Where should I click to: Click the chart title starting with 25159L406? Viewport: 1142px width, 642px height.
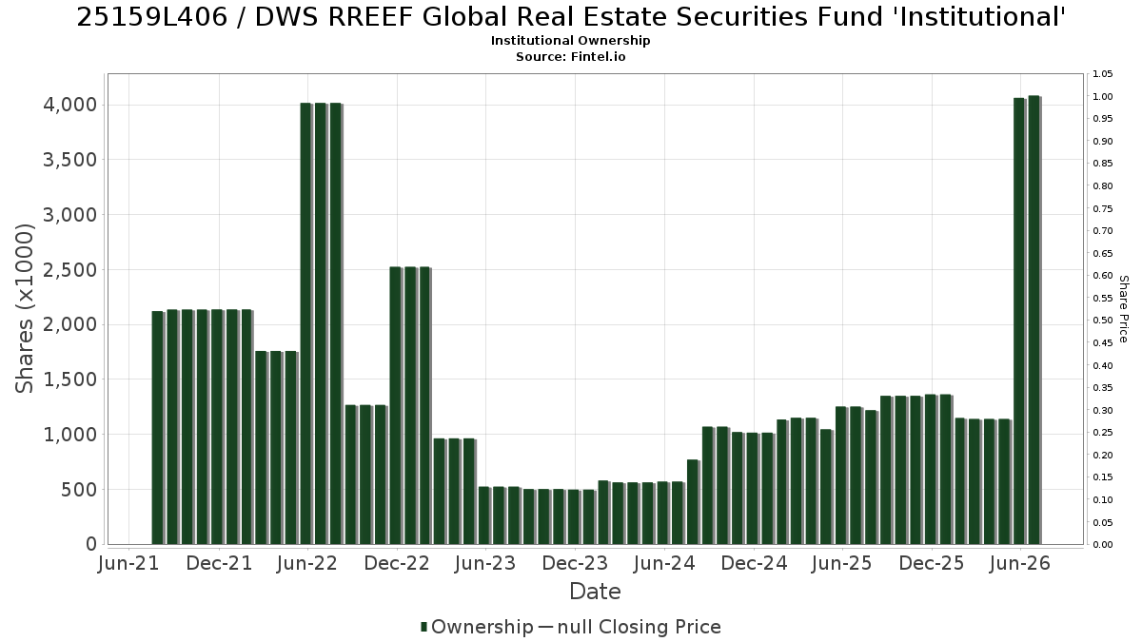coord(571,17)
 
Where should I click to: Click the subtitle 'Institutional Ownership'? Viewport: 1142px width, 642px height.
coord(570,41)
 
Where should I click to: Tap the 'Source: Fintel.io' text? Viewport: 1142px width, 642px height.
coord(570,56)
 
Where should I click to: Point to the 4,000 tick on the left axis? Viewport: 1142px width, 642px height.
coord(69,105)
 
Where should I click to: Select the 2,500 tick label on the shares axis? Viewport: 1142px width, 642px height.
coord(69,269)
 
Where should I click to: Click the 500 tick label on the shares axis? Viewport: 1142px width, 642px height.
coord(78,490)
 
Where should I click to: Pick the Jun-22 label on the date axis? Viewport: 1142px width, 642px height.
coord(306,563)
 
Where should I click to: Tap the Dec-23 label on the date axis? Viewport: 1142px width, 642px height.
coord(575,563)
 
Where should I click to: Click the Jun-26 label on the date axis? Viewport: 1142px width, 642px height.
coord(1019,563)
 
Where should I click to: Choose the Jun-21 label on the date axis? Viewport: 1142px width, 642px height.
coord(128,563)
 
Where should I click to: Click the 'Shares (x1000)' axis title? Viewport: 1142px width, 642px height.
coord(24,308)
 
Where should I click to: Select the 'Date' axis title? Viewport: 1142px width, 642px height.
coord(595,592)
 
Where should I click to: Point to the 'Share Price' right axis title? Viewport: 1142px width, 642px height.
coord(1123,309)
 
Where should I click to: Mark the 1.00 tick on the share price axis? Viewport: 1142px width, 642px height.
coord(1102,97)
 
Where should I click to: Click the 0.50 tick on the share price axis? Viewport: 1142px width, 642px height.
coord(1102,321)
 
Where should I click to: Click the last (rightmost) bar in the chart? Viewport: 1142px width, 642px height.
coord(1034,320)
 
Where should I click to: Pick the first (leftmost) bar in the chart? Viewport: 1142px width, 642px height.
coord(158,428)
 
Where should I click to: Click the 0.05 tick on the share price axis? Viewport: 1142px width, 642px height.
coord(1102,522)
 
